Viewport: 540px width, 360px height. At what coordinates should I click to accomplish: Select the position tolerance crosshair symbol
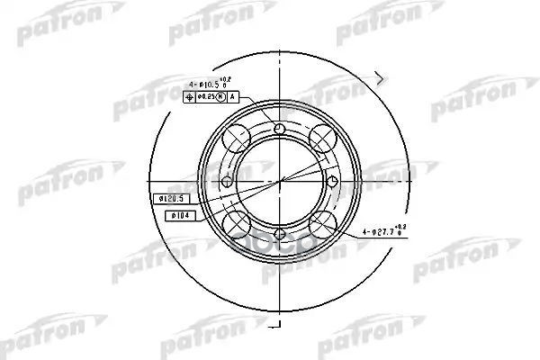click(189, 96)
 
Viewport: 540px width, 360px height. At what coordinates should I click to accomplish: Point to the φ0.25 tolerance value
click(205, 96)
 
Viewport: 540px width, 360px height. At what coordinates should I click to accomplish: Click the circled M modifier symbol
click(221, 96)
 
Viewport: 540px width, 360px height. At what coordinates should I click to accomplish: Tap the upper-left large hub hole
click(237, 137)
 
